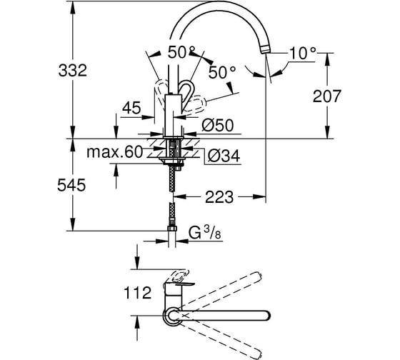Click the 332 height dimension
(73, 71)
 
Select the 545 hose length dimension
(71, 185)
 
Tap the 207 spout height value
(327, 96)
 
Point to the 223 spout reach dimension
(219, 196)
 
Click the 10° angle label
(302, 54)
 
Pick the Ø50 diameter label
(217, 125)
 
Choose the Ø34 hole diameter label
(224, 156)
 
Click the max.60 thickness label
(114, 152)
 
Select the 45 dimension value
(131, 108)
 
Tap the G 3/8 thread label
(204, 232)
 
